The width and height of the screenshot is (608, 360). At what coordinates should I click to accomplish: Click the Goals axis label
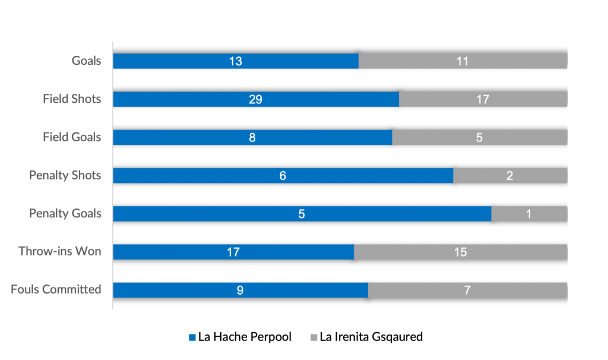[x=87, y=61]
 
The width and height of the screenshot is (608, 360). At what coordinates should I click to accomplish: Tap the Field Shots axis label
[x=72, y=99]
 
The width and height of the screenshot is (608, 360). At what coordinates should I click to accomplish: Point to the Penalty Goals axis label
[x=65, y=214]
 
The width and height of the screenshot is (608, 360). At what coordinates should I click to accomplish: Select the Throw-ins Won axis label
[x=60, y=252]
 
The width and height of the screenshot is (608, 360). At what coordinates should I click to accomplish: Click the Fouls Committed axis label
[x=56, y=290]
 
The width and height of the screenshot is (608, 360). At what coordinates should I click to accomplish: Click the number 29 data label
[x=256, y=99]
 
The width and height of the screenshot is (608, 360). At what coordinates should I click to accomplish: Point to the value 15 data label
[x=460, y=252]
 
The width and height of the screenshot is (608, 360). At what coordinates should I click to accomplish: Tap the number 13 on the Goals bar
[x=236, y=61]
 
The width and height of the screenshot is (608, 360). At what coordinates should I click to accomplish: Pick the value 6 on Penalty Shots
[x=283, y=175]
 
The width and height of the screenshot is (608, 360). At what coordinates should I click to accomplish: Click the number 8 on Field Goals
[x=252, y=137]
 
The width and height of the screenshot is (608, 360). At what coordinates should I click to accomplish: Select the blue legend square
[x=192, y=337]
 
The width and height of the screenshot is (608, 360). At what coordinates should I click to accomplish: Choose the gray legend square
[x=313, y=337]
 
